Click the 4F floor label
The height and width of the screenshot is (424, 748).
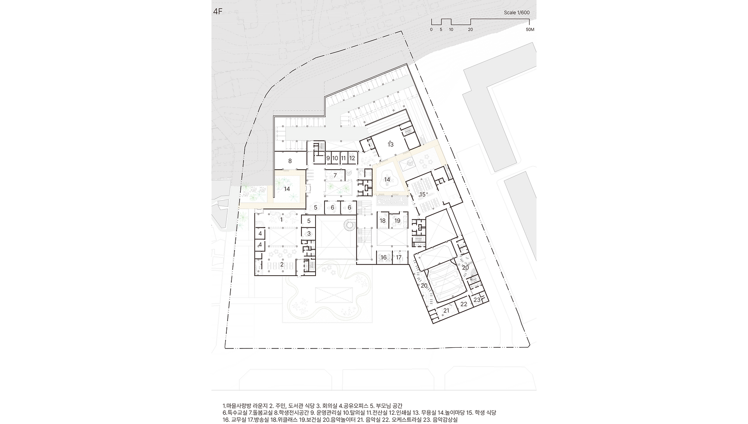click(217, 11)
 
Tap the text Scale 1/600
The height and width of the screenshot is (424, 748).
click(517, 12)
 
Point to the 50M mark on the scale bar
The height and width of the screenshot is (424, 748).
click(529, 30)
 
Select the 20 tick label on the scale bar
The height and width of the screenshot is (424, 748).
click(470, 30)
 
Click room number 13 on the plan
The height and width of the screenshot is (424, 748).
click(390, 144)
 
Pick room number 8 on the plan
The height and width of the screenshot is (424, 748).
click(290, 161)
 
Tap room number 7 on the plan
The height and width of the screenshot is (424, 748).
click(335, 176)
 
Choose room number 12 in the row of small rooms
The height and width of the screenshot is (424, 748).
click(352, 158)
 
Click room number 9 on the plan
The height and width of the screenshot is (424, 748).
click(328, 158)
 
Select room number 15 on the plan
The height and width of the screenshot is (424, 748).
click(422, 194)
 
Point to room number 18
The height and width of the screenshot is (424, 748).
click(383, 221)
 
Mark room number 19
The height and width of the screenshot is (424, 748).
click(397, 221)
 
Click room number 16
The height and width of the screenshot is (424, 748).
click(384, 257)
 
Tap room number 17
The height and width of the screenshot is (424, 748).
click(399, 257)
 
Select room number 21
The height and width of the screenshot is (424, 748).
click(446, 310)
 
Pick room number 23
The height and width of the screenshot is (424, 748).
click(477, 300)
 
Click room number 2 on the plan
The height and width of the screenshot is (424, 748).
click(282, 264)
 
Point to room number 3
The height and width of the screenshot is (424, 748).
click(309, 234)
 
